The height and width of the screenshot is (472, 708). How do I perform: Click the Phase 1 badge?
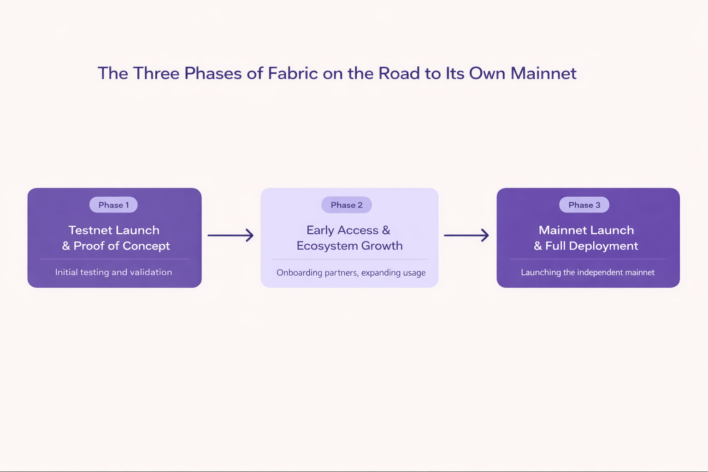pyautogui.click(x=113, y=205)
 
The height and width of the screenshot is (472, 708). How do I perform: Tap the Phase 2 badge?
pyautogui.click(x=347, y=205)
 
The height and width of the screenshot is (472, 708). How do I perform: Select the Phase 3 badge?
pyautogui.click(x=584, y=205)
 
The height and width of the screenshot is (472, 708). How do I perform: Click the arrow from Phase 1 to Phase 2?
pyautogui.click(x=230, y=235)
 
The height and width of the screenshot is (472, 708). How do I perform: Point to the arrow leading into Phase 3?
pyautogui.click(x=466, y=235)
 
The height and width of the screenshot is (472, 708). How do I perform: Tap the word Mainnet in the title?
pyautogui.click(x=543, y=74)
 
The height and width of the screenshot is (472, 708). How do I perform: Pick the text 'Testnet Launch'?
pyautogui.click(x=114, y=230)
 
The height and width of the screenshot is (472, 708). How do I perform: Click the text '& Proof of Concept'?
pyautogui.click(x=116, y=246)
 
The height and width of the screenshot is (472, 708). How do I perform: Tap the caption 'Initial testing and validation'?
pyautogui.click(x=113, y=272)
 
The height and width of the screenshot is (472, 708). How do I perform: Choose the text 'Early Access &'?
pyautogui.click(x=348, y=230)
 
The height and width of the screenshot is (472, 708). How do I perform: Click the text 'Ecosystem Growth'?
pyautogui.click(x=349, y=246)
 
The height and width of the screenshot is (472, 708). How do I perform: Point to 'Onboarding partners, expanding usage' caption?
pyautogui.click(x=351, y=273)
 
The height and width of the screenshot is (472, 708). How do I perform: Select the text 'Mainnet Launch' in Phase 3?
pyautogui.click(x=586, y=230)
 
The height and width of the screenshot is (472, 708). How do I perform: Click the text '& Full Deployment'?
pyautogui.click(x=586, y=246)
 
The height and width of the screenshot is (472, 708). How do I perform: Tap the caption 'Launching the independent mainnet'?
pyautogui.click(x=588, y=272)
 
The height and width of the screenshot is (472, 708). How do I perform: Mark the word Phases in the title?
pyautogui.click(x=213, y=74)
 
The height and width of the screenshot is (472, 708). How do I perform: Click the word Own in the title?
pyautogui.click(x=487, y=74)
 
